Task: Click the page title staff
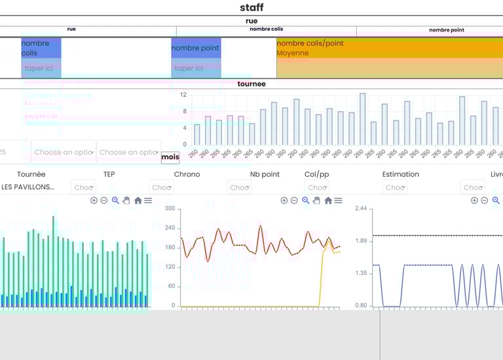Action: (x=251, y=8)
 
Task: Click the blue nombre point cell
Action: (x=196, y=48)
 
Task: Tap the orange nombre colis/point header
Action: (x=310, y=43)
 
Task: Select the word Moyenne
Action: (x=292, y=53)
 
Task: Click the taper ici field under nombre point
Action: (x=189, y=68)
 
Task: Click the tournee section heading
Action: (x=251, y=84)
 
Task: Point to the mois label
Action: (x=170, y=157)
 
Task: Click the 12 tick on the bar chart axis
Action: (x=184, y=95)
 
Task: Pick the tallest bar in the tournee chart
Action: (x=362, y=118)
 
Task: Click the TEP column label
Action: (x=109, y=174)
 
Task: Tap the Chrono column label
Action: (x=187, y=174)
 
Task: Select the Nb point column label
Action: (x=265, y=174)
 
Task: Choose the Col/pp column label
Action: (x=316, y=174)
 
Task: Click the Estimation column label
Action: (x=400, y=174)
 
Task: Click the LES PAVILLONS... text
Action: (x=28, y=187)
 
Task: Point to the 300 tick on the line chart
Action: (x=170, y=209)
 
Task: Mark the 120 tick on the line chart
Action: (x=170, y=267)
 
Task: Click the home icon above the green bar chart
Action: (x=138, y=200)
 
